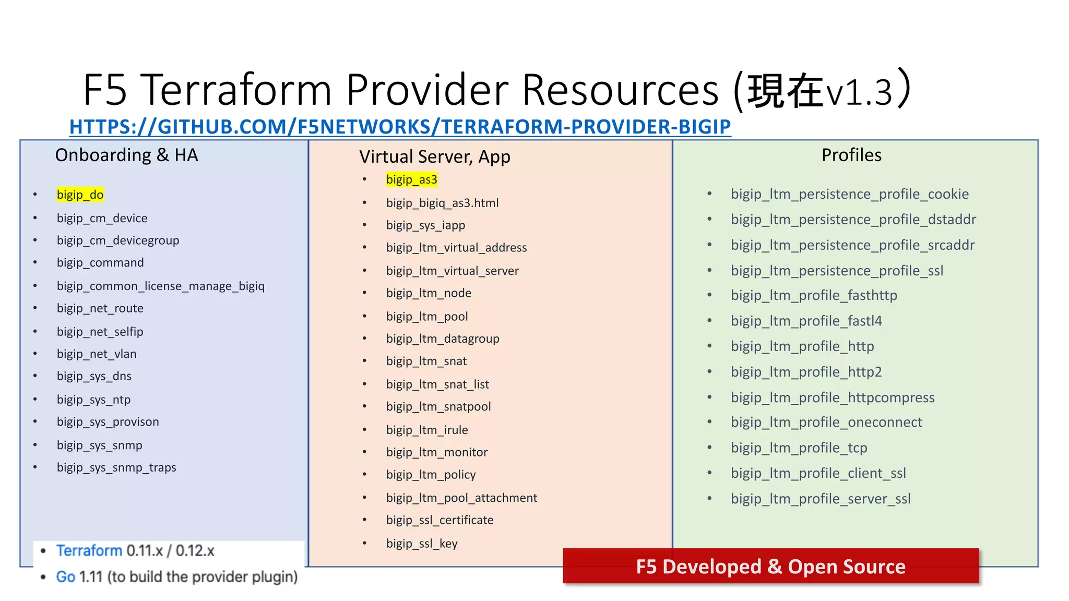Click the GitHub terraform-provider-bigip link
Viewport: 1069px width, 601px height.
point(400,127)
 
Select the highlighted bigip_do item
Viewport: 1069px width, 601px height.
point(80,195)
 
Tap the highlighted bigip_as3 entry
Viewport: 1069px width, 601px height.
point(411,179)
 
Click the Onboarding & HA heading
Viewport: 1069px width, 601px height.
point(126,155)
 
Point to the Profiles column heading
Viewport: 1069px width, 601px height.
point(851,155)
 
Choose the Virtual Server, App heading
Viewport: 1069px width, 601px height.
point(434,157)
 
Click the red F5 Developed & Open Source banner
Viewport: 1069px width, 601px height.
point(770,566)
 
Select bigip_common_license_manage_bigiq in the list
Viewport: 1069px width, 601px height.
point(161,286)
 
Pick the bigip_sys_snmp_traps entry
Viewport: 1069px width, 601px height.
point(116,467)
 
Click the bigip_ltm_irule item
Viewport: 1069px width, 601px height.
point(427,430)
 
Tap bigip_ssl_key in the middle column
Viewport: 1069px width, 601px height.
point(422,543)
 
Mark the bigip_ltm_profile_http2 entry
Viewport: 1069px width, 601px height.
point(806,372)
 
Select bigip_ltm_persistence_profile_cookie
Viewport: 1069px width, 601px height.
point(849,194)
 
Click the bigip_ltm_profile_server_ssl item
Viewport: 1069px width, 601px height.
point(821,499)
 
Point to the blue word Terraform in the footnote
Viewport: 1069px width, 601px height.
point(89,550)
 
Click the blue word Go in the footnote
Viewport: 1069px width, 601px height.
point(66,576)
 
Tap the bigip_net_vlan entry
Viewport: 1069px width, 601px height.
point(97,354)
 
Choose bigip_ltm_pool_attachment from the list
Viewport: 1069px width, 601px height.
point(461,498)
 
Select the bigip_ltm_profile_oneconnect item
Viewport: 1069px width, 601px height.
point(826,422)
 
